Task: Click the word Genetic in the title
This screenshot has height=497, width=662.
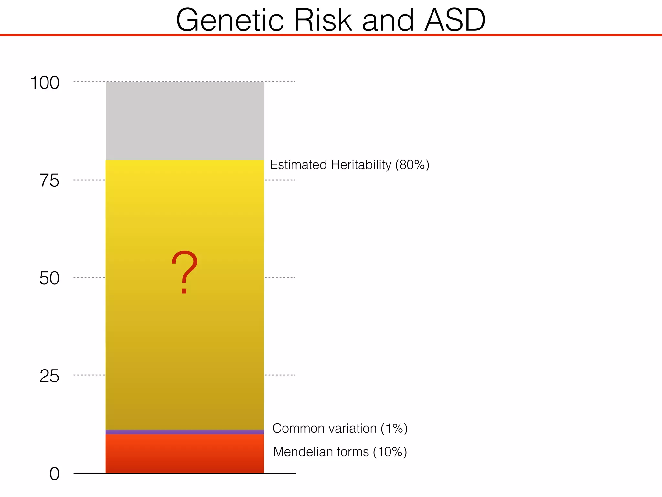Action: click(x=230, y=20)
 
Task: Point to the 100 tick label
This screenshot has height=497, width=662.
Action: click(x=45, y=83)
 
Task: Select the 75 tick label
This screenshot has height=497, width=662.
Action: click(x=49, y=181)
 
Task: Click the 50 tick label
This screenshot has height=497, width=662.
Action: click(x=49, y=278)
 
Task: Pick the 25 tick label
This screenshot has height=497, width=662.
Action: click(x=49, y=376)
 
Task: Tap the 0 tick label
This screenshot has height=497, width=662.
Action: click(x=54, y=474)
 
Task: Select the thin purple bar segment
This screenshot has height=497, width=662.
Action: click(x=185, y=432)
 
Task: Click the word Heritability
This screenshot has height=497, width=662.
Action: click(x=361, y=165)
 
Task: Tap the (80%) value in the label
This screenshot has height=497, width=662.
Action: click(x=412, y=165)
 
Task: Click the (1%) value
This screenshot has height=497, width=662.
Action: click(x=394, y=428)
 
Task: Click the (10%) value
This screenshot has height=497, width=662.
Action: click(x=390, y=452)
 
